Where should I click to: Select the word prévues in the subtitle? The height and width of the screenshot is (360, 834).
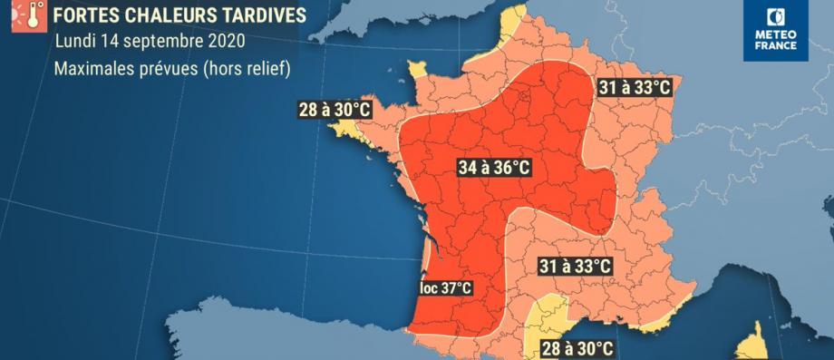point(176,67)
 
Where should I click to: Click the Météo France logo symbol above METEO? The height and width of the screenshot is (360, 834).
point(776,17)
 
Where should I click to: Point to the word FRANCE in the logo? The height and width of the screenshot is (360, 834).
point(776,45)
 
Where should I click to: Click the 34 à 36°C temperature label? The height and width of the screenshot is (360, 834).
point(494,168)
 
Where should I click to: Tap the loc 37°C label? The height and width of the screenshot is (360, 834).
point(446,288)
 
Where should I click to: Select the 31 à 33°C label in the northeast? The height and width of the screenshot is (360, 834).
point(636,88)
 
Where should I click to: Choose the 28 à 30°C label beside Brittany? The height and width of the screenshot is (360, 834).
point(335,111)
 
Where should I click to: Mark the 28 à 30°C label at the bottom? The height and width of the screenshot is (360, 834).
point(577,348)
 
